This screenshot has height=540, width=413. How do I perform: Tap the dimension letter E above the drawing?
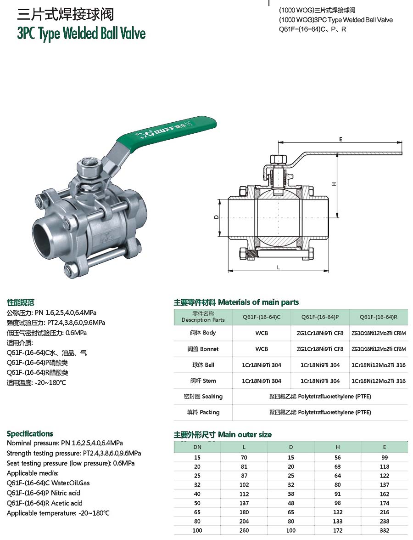(340, 139)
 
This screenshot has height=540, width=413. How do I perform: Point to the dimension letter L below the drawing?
(278, 267)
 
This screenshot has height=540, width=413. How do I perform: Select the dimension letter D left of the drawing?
(216, 217)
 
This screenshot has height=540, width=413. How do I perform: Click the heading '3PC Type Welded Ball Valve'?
(82, 34)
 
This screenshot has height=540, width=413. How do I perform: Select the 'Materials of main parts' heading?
(258, 302)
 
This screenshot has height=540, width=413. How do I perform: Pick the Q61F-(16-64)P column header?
(320, 317)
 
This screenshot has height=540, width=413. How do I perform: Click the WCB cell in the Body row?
(262, 333)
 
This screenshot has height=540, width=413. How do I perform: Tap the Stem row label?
(203, 381)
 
